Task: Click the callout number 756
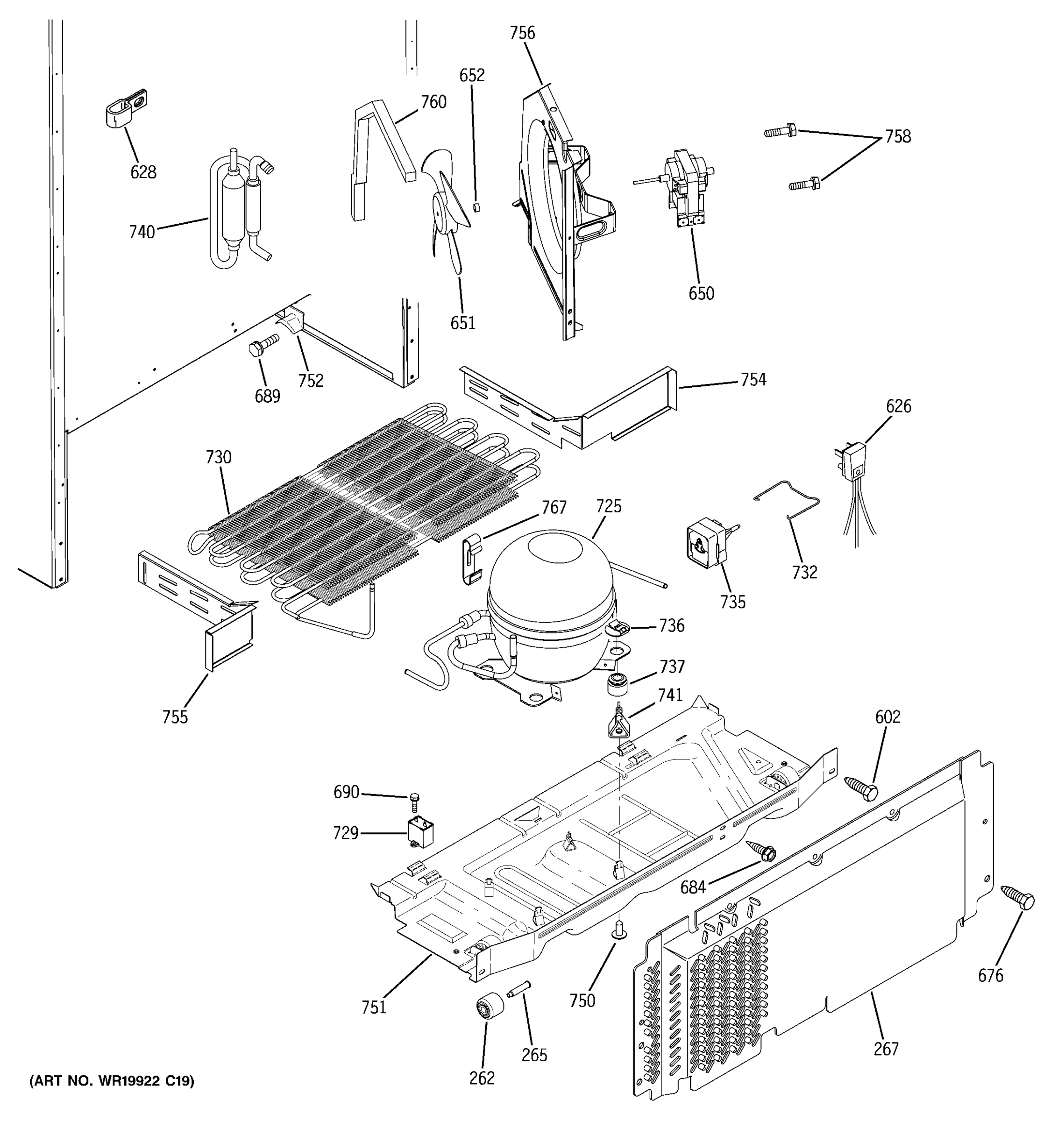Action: coord(522,33)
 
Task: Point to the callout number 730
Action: coord(218,457)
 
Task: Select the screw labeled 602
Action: coord(861,788)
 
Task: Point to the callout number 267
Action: coord(885,1049)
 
